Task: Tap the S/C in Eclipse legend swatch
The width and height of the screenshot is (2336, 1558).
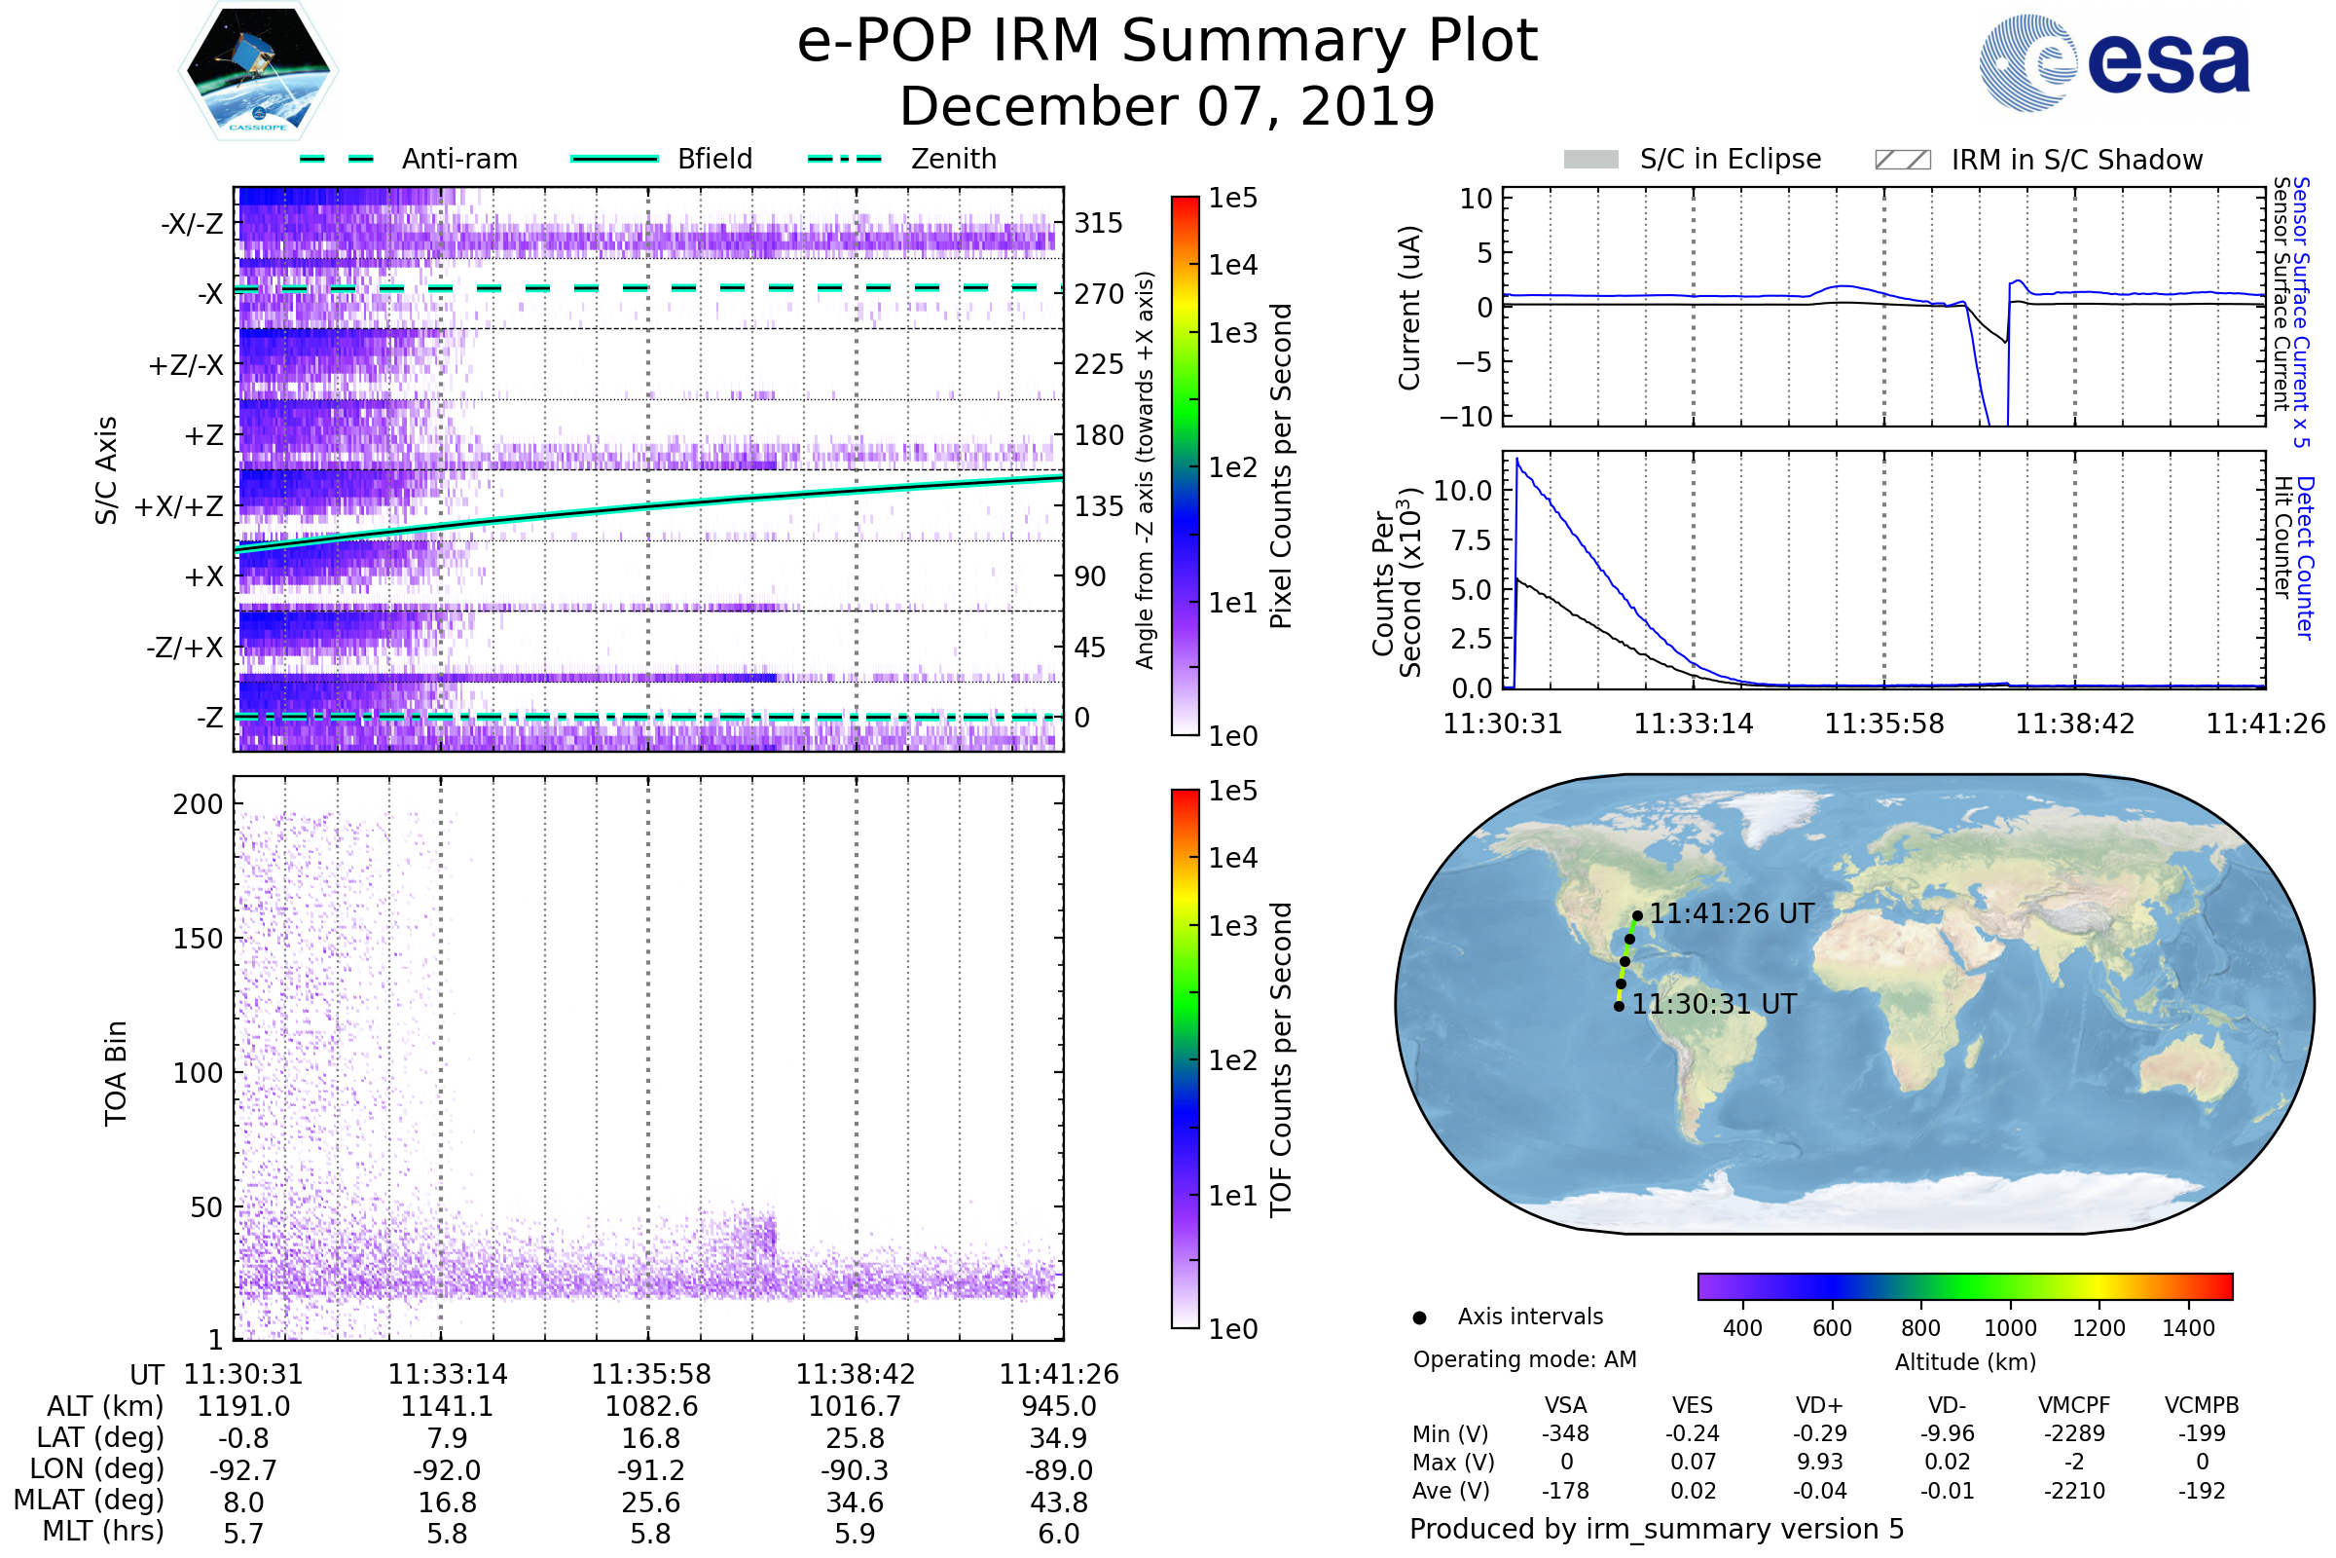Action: (1591, 160)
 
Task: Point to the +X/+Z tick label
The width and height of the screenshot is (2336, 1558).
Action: (179, 506)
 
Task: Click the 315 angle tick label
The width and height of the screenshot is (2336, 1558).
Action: (1099, 224)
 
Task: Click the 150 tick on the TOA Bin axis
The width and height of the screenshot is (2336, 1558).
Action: (198, 939)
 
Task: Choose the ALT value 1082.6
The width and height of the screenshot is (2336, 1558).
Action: (651, 1406)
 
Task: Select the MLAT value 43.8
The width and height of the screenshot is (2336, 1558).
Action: (1059, 1502)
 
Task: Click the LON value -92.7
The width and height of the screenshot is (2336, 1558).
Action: (243, 1469)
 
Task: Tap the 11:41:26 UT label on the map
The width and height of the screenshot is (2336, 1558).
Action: (1732, 914)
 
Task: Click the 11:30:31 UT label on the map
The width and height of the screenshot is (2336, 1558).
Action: (1714, 1005)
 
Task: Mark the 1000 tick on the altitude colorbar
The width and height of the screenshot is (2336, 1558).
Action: (2010, 1328)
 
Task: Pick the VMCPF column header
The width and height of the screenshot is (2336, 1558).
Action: (2074, 1405)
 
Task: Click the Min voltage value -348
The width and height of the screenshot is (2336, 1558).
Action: (1565, 1433)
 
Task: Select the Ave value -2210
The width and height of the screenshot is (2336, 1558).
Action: (2074, 1491)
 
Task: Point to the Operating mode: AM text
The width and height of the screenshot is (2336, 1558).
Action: (1524, 1359)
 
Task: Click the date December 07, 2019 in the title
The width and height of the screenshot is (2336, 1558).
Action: (1167, 107)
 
